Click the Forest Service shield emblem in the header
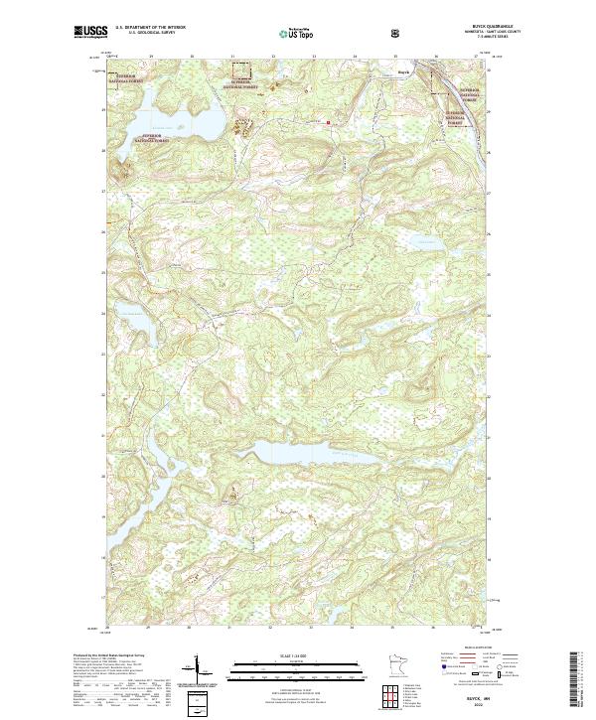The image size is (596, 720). point(395,34)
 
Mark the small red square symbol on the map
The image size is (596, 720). point(329,123)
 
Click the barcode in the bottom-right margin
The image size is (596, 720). point(577,683)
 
